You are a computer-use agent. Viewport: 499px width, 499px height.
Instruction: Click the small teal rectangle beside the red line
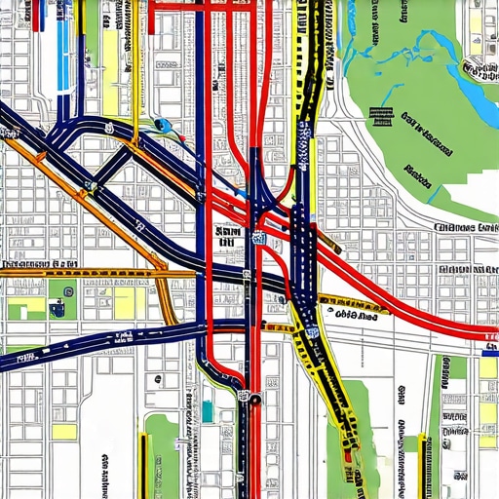coord(207,411)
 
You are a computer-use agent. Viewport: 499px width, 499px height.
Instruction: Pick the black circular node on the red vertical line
coord(253,399)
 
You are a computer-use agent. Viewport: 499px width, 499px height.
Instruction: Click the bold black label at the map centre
coord(229,237)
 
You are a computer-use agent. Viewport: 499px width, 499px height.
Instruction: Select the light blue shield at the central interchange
coord(260,239)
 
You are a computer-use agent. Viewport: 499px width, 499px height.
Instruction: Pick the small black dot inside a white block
coord(101,458)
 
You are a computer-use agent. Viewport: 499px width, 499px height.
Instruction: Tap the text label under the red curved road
coord(356,316)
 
